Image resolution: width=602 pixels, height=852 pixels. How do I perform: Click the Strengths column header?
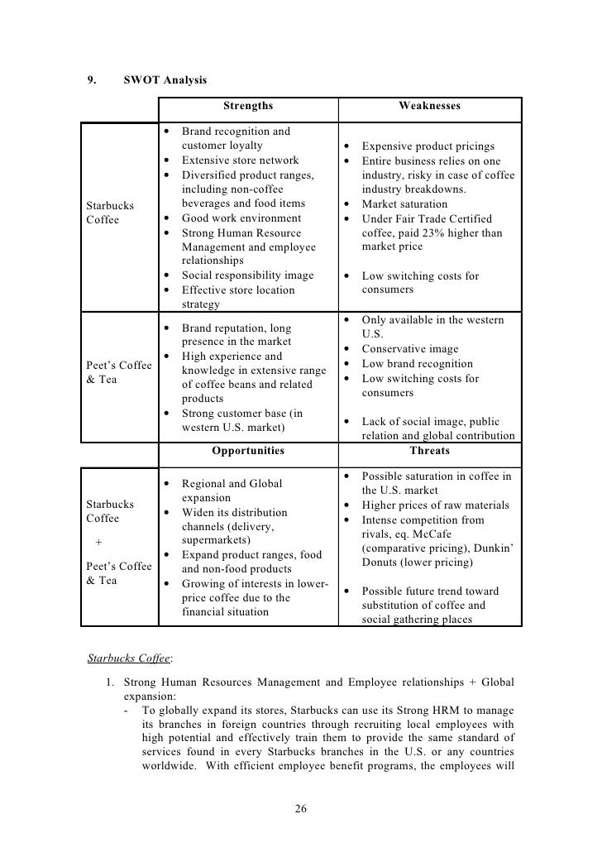pyautogui.click(x=247, y=106)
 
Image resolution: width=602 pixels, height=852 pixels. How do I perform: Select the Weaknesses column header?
pyautogui.click(x=429, y=106)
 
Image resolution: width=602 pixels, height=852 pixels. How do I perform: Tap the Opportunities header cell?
pyautogui.click(x=247, y=451)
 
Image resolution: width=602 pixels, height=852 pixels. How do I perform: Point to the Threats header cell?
pyautogui.click(x=429, y=451)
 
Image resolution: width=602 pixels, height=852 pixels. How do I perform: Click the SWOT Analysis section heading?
pyautogui.click(x=165, y=80)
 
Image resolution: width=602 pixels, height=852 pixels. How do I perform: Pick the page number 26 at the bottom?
pyautogui.click(x=301, y=808)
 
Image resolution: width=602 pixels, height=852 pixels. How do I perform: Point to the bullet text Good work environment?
pyautogui.click(x=234, y=218)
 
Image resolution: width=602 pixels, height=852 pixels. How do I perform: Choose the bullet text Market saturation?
pyautogui.click(x=406, y=203)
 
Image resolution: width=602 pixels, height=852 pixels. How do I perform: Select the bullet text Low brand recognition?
pyautogui.click(x=418, y=364)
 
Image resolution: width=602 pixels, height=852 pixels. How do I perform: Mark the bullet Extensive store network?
pyautogui.click(x=240, y=160)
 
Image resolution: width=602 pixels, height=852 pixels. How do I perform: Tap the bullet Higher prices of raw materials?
pyautogui.click(x=435, y=505)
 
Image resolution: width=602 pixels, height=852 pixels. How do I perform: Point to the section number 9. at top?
pyautogui.click(x=92, y=80)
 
